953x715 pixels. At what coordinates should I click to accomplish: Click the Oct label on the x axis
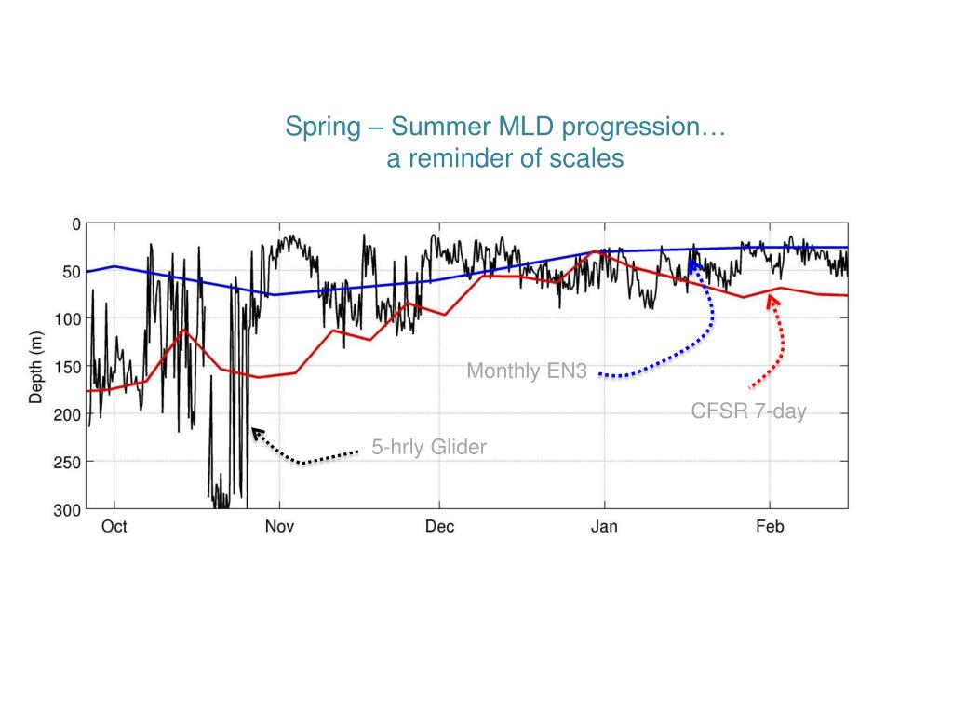coord(114,527)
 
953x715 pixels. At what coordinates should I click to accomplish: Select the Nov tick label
coord(279,527)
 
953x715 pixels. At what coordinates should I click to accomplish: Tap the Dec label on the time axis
coord(440,527)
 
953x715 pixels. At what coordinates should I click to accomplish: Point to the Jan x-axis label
coord(604,527)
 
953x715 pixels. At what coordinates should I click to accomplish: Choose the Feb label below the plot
coord(770,527)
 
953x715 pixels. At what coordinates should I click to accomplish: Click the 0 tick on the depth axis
coord(76,223)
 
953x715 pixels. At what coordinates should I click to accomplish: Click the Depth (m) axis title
coord(36,367)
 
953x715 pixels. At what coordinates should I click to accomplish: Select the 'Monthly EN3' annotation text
coord(527,371)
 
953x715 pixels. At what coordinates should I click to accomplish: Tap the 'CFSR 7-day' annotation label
coord(748,411)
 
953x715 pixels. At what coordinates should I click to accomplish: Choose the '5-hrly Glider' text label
coord(429,448)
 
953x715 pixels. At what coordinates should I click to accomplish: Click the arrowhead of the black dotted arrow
coord(255,432)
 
